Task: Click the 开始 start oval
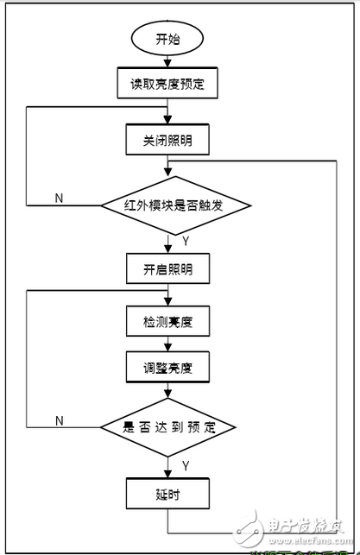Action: pos(168,39)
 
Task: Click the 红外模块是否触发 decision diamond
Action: pos(175,205)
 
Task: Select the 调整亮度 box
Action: pos(167,368)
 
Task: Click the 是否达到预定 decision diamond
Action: pos(167,428)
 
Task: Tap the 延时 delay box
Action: pos(167,495)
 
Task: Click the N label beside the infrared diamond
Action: pos(59,198)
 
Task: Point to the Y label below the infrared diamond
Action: pos(186,238)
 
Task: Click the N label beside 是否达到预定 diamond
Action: pos(59,420)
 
